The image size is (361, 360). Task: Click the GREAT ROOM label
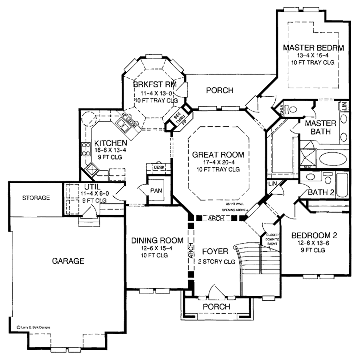(218, 155)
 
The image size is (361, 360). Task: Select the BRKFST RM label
(154, 85)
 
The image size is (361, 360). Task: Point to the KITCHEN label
(110, 143)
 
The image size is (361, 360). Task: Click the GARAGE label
(68, 261)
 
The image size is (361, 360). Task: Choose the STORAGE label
(36, 198)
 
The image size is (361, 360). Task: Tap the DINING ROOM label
(157, 240)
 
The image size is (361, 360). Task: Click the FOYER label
(215, 251)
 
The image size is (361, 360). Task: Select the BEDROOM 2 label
(314, 235)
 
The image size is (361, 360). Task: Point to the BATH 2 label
(320, 192)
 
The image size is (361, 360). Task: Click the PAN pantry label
(156, 191)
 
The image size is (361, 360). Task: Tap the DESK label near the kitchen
(159, 167)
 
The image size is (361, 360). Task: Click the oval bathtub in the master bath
(333, 158)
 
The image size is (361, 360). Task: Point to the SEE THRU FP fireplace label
(179, 119)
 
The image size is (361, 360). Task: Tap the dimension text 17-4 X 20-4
(218, 162)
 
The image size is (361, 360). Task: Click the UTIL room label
(93, 186)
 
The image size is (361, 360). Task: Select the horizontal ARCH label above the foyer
(216, 219)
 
